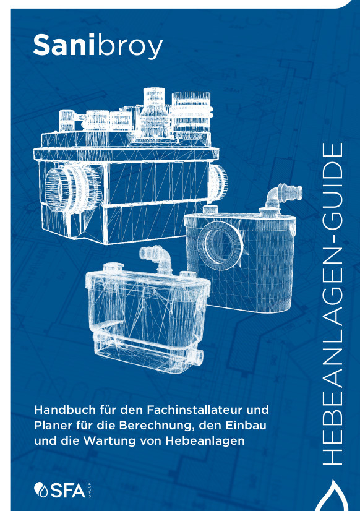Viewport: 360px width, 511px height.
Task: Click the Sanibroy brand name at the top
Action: click(x=98, y=46)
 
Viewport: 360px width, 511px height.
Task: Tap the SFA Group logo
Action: click(x=62, y=490)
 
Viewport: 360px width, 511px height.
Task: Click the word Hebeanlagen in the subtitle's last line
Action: click(x=205, y=441)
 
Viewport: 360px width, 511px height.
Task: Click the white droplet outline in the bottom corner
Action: click(x=336, y=496)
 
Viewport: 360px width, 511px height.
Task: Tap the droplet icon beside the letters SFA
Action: click(x=41, y=489)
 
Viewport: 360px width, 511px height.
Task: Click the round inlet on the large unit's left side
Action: click(x=70, y=188)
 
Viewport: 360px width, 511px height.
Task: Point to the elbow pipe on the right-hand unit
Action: click(x=283, y=195)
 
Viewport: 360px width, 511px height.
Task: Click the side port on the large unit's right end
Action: click(x=218, y=182)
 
